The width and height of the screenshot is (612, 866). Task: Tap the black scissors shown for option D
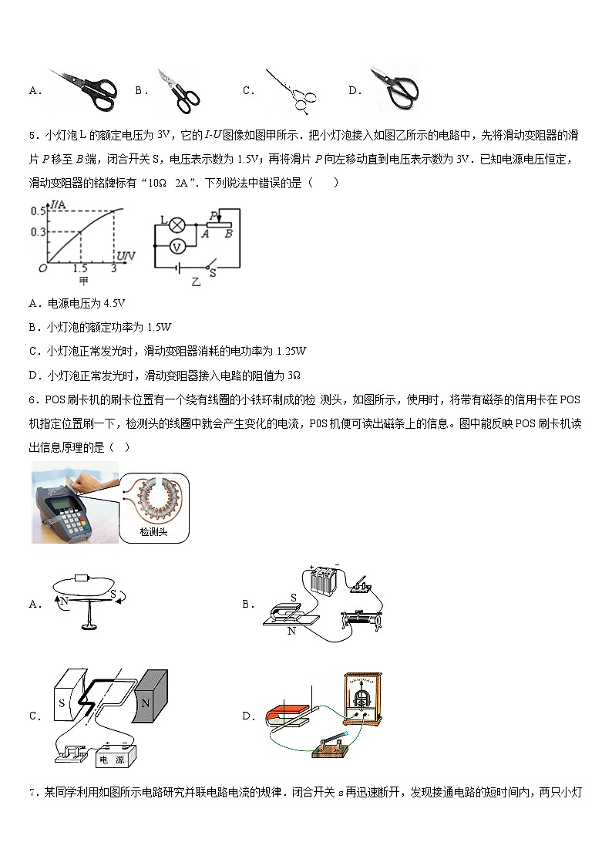pyautogui.click(x=393, y=89)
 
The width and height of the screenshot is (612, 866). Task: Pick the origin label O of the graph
pyautogui.click(x=43, y=268)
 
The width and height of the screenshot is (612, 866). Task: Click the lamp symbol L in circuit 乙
pyautogui.click(x=177, y=226)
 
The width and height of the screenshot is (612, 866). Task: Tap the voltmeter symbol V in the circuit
pyautogui.click(x=177, y=247)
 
